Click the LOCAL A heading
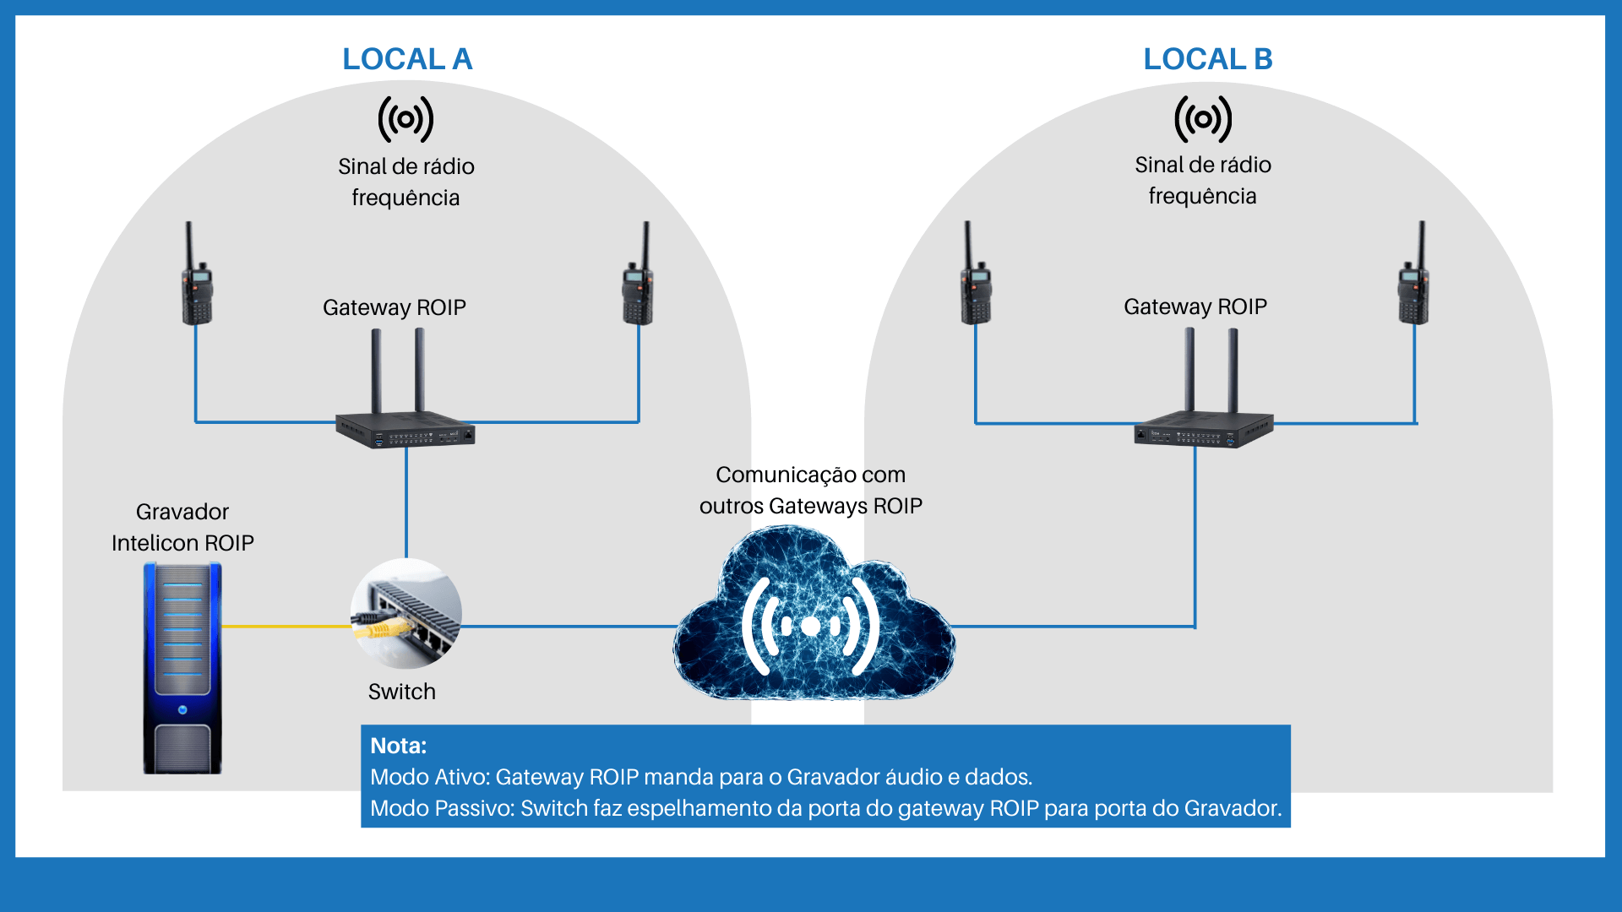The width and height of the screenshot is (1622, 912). coord(407,59)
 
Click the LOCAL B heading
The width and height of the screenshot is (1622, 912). coord(1207,59)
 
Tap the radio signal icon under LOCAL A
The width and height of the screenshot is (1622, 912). coord(405,119)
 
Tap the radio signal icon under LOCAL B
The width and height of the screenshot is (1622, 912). coord(1203,119)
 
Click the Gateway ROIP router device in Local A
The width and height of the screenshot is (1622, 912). coord(405,426)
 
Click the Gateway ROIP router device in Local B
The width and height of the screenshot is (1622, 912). coord(1203,426)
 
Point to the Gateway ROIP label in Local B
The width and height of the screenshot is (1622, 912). coord(1195,307)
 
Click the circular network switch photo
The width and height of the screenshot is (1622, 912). coord(406,614)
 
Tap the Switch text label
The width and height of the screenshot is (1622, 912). coord(402,692)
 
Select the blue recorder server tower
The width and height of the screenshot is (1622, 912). coord(182,667)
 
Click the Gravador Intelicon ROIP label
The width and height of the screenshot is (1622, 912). coord(182,527)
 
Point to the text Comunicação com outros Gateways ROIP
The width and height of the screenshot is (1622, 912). coord(810,490)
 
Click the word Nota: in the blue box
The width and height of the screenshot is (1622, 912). coord(398,746)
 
